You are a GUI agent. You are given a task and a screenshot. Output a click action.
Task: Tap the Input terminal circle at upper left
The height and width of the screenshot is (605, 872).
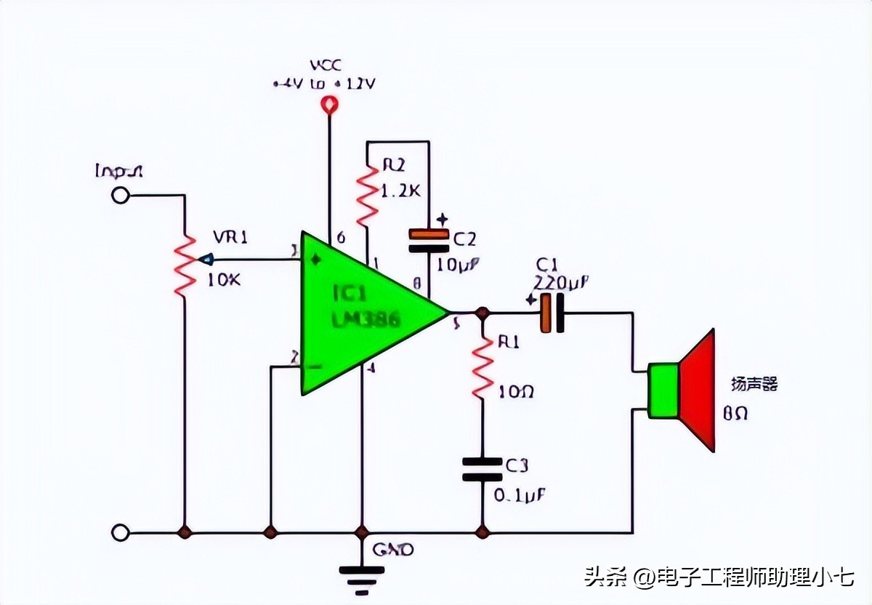click(x=120, y=195)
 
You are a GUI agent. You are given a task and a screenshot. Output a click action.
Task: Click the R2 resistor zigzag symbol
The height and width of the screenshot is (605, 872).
click(x=367, y=194)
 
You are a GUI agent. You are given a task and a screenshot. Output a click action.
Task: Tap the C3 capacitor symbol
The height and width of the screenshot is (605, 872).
click(x=482, y=469)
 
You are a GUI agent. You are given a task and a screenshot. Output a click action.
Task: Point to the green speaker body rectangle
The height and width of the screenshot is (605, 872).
click(x=663, y=390)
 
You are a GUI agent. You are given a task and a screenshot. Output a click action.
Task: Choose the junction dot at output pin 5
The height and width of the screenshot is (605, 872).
click(x=481, y=313)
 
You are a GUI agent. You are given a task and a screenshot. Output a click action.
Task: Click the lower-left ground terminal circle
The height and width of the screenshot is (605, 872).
click(x=120, y=533)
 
